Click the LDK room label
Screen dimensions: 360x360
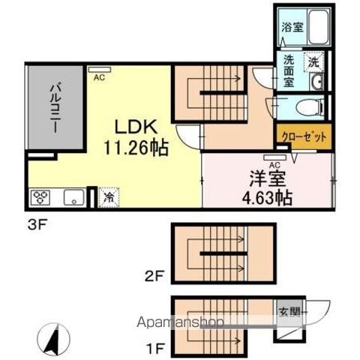136,127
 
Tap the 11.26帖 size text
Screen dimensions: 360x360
136,148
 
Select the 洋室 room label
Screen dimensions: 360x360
268,179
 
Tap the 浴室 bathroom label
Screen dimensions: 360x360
292,27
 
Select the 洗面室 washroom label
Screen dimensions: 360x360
289,71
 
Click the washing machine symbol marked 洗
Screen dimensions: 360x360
313,62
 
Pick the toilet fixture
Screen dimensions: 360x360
309,108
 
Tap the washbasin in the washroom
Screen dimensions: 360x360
316,82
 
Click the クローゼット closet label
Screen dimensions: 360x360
304,137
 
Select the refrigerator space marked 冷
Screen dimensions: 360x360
109,197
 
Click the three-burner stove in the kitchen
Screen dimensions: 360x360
40,197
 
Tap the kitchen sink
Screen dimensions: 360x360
73,197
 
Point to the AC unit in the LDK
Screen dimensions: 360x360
99,69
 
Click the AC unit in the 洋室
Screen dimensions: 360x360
274,157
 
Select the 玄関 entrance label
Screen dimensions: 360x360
289,313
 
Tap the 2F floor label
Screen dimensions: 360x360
154,277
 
